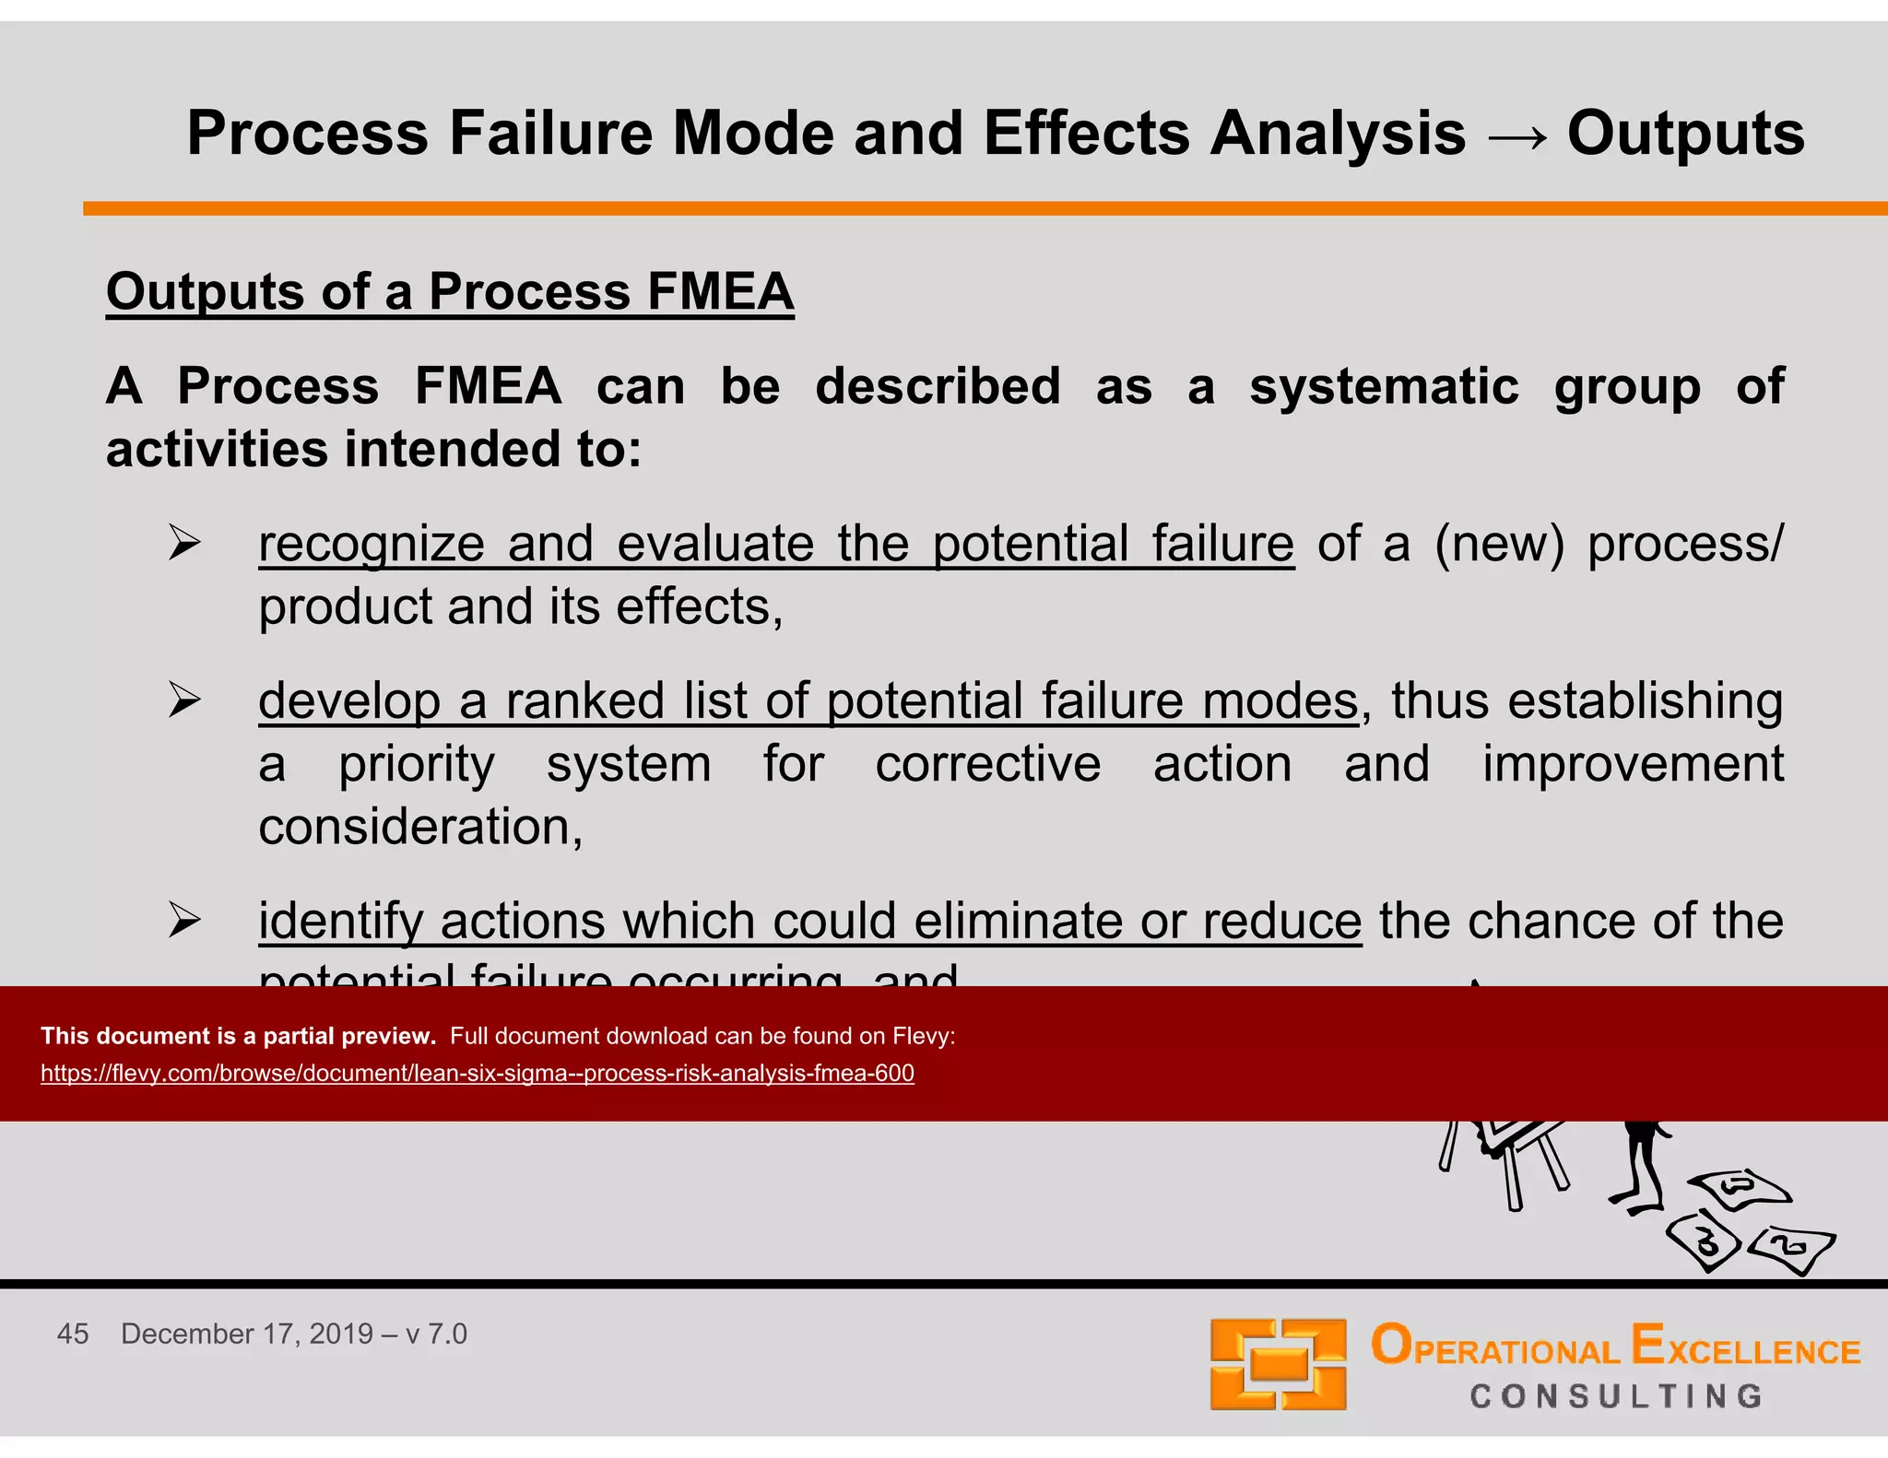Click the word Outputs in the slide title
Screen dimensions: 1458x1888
pyautogui.click(x=1685, y=135)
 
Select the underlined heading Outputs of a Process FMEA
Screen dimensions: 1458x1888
pyautogui.click(x=450, y=292)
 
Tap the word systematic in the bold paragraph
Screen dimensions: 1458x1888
pyautogui.click(x=1384, y=386)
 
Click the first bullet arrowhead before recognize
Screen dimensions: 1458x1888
pyautogui.click(x=184, y=543)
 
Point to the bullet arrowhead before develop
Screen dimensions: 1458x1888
pyautogui.click(x=184, y=700)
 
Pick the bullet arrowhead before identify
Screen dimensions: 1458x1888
pyautogui.click(x=184, y=921)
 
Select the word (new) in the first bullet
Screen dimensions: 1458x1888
pyautogui.click(x=1499, y=544)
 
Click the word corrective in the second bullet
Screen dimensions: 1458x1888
pyautogui.click(x=987, y=765)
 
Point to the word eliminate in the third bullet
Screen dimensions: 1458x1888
pyautogui.click(x=1021, y=921)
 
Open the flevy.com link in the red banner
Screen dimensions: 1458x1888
pyautogui.click(x=477, y=1074)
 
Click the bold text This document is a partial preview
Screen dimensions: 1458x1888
pyautogui.click(x=238, y=1036)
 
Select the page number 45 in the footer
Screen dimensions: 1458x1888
pyautogui.click(x=73, y=1334)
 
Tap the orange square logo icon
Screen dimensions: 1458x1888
pyautogui.click(x=1278, y=1364)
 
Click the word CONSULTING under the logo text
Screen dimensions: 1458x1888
pyautogui.click(x=1616, y=1396)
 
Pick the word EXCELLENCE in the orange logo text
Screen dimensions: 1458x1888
pyautogui.click(x=1746, y=1347)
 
